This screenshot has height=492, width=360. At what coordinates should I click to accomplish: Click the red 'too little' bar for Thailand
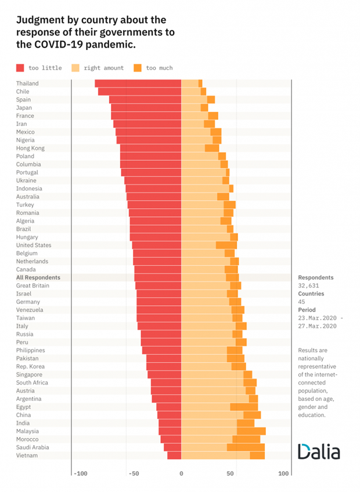coord(138,84)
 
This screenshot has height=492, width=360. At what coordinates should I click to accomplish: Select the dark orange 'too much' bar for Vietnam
coord(257,455)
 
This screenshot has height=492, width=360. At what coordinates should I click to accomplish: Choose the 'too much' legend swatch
coord(138,68)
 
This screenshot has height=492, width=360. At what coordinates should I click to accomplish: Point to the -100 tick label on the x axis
coord(80,474)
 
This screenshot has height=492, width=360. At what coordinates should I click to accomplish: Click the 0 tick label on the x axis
coord(181,474)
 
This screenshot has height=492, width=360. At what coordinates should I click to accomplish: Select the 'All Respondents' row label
coord(38,277)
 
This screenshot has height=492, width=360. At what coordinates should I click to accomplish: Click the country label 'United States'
coord(34,245)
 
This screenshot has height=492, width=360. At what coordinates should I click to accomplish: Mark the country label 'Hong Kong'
coord(30,148)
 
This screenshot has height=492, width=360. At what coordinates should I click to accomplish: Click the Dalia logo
coord(319,451)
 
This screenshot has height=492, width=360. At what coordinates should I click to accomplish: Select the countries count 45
coord(302,302)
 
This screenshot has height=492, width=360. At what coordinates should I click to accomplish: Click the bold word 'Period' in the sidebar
coord(307,310)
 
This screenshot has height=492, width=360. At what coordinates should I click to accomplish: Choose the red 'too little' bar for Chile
coord(139,92)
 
